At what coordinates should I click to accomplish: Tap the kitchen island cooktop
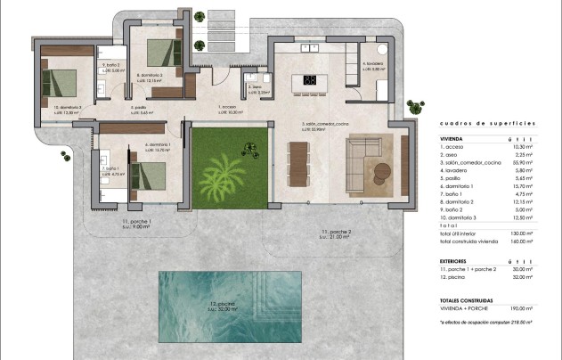point(311,81)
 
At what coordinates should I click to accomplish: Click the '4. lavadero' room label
point(372,64)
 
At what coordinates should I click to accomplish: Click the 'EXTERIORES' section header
point(458,260)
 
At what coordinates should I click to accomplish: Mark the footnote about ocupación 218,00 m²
point(486,323)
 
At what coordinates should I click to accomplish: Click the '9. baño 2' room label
point(110,65)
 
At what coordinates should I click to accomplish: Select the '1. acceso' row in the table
point(455,148)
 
